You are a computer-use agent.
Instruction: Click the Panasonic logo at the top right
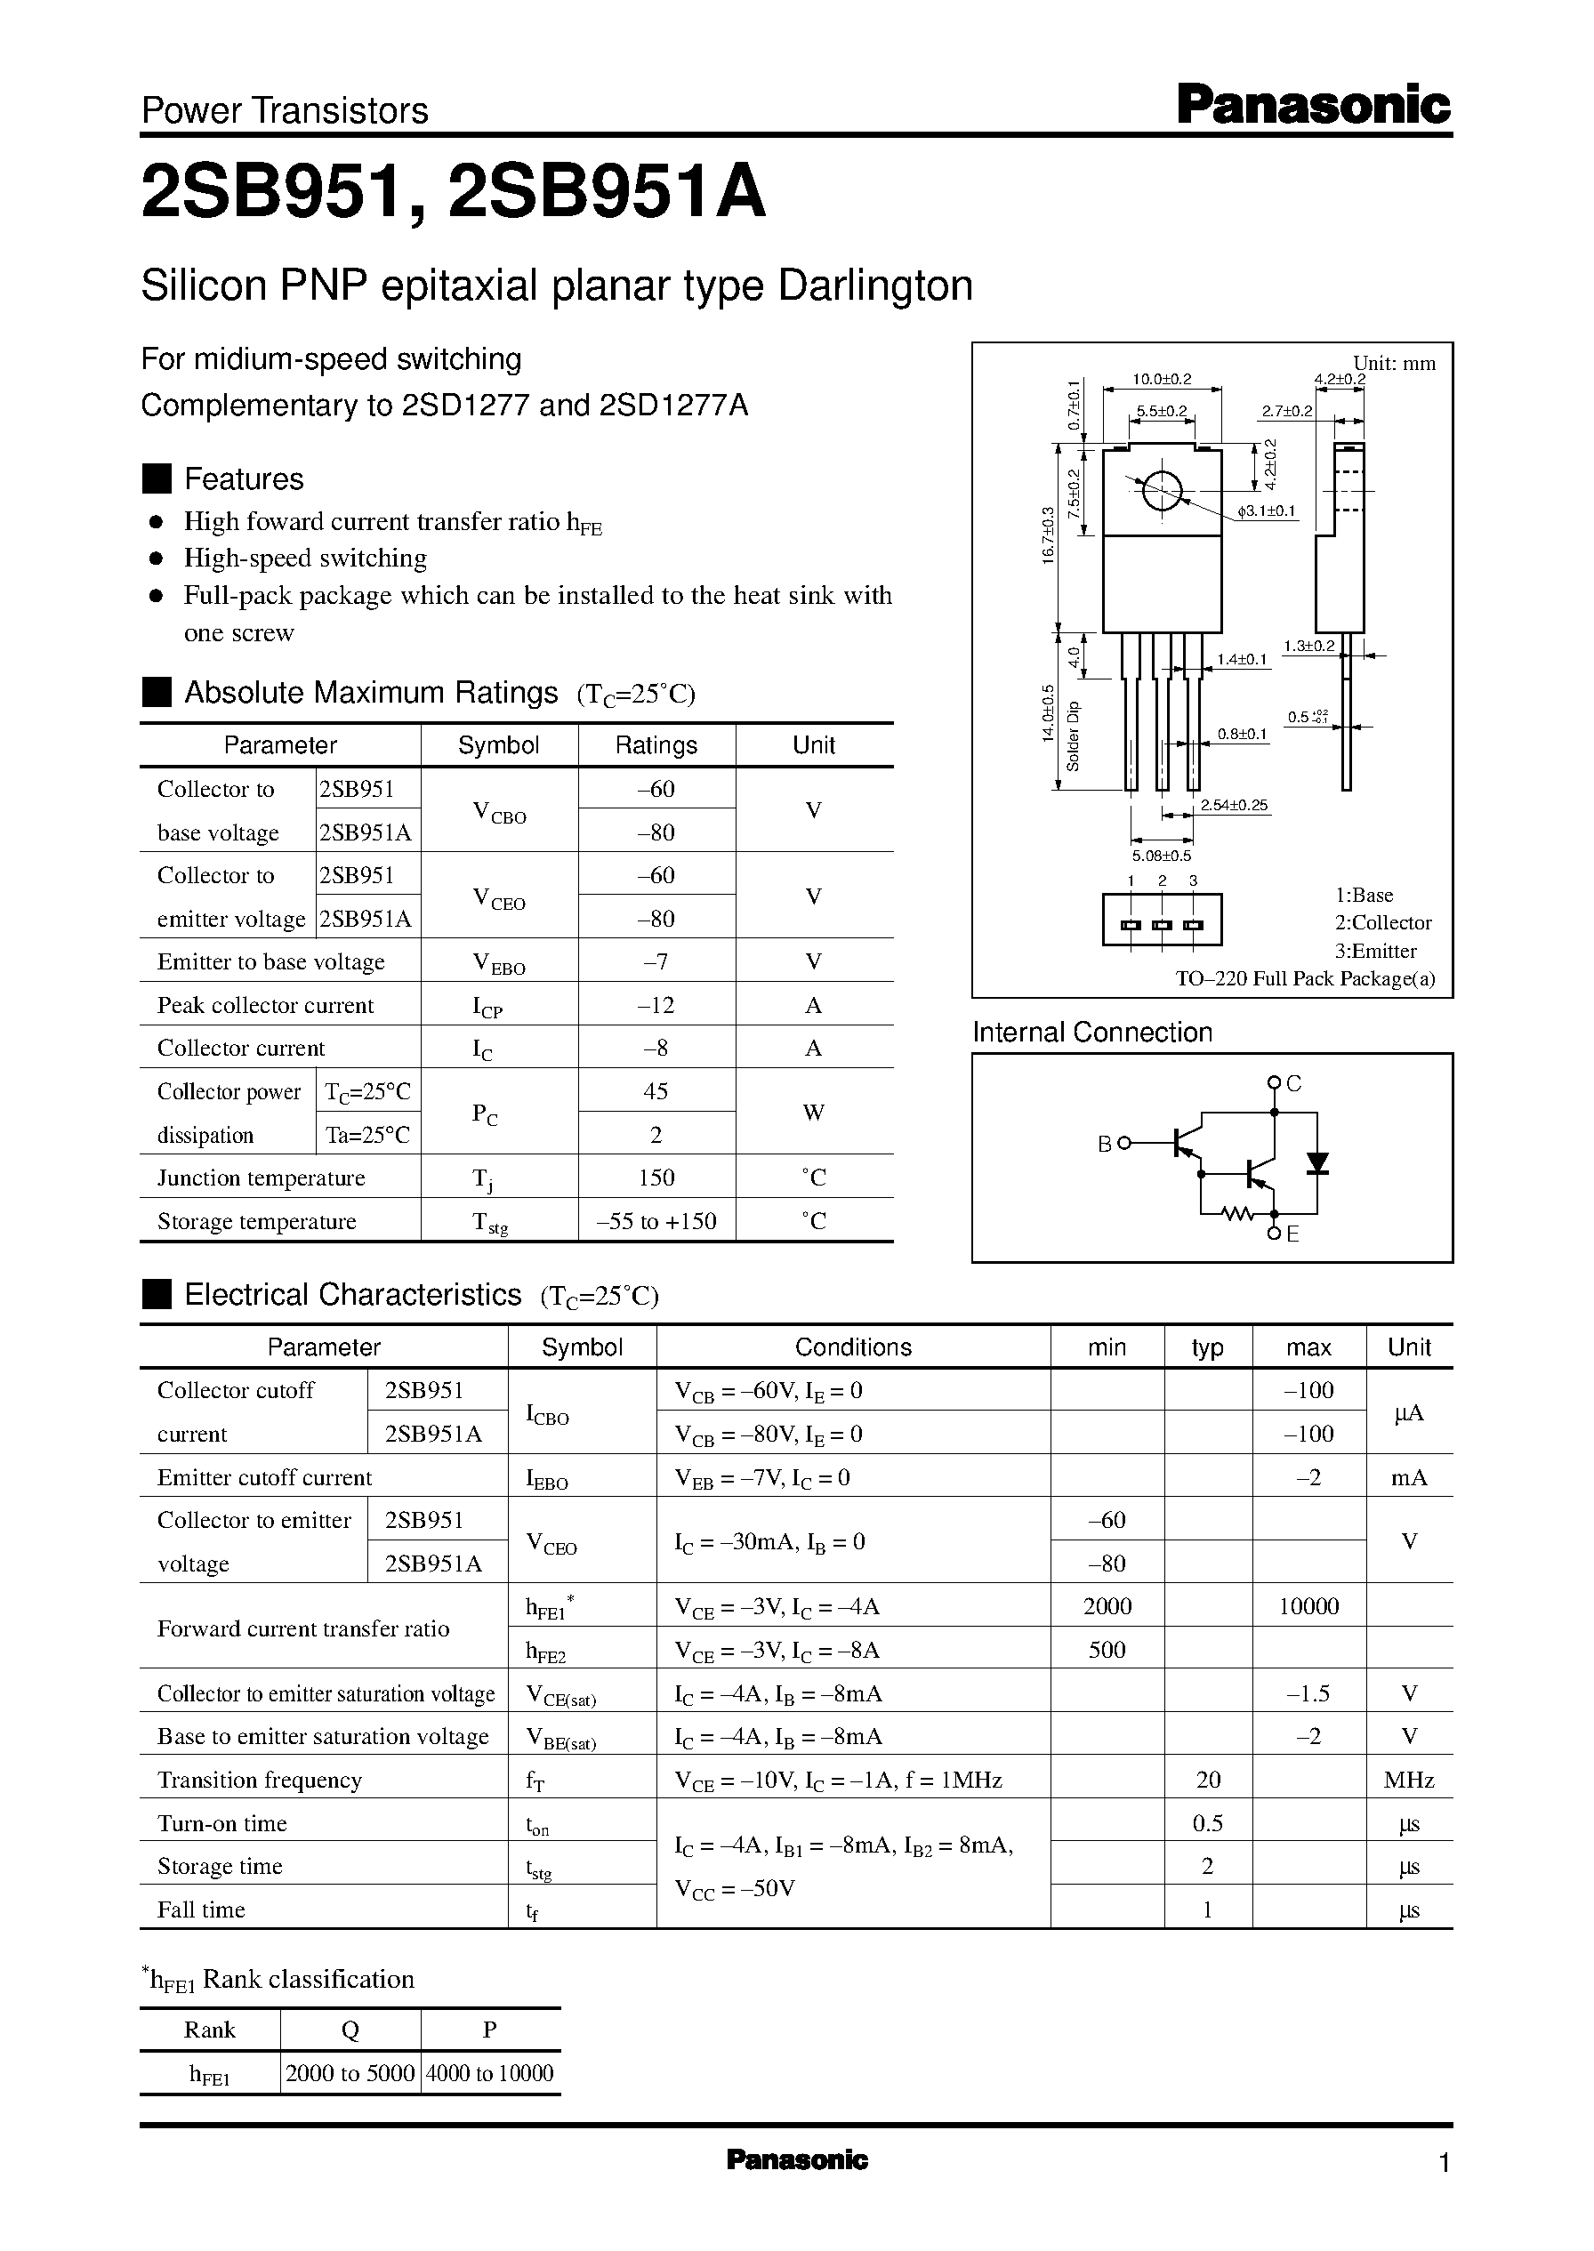1312,105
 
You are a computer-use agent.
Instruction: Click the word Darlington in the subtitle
874,285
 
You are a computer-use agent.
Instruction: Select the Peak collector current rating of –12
656,1005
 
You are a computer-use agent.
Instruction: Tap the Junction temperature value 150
656,1178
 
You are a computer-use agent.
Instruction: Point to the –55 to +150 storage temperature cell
656,1221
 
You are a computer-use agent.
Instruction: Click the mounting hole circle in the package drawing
1162,491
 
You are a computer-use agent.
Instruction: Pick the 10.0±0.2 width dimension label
1161,379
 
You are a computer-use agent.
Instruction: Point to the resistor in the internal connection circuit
1239,1214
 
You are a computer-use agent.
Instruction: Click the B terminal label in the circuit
1104,1143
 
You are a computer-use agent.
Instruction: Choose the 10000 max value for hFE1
1308,1606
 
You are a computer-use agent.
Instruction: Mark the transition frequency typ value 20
1207,1779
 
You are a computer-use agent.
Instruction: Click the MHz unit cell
1408,1779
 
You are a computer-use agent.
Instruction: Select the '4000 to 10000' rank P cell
490,2073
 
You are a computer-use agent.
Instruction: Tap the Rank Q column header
350,2030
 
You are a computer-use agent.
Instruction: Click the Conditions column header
852,1347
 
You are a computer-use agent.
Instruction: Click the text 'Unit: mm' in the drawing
1394,363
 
